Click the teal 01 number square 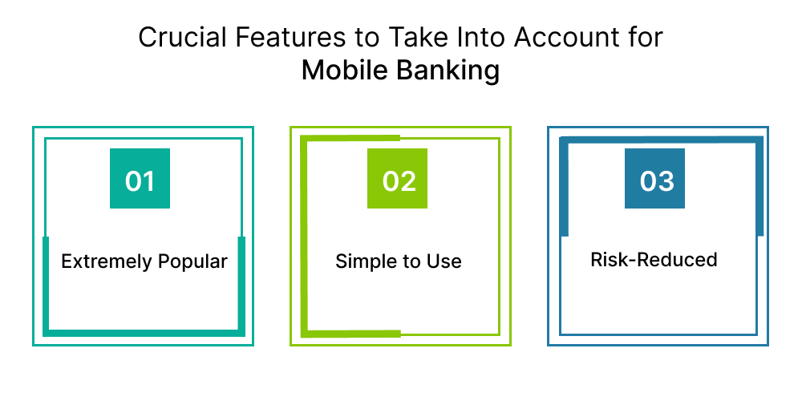(x=140, y=178)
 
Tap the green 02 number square (x=397, y=178)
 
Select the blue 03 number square (x=654, y=178)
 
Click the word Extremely (x=107, y=262)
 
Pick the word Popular (x=192, y=262)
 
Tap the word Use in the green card (x=444, y=261)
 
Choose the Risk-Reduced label (x=654, y=260)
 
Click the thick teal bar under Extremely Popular (x=144, y=333)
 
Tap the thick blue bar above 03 (x=662, y=140)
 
